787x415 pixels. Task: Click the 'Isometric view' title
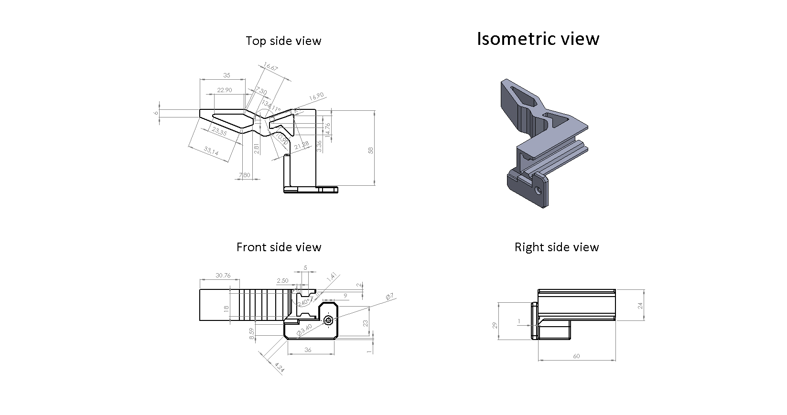point(538,39)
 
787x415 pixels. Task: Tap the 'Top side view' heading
point(283,41)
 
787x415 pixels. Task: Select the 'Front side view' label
point(279,247)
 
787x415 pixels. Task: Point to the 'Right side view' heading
point(556,247)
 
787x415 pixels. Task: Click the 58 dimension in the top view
point(370,150)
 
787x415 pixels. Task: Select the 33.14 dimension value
point(211,151)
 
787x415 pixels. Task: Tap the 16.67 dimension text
point(270,68)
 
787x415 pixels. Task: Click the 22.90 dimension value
point(224,90)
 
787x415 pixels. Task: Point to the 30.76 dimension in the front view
point(223,276)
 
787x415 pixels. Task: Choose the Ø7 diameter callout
point(389,297)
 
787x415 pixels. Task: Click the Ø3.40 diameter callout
point(304,330)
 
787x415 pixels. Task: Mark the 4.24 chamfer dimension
point(280,368)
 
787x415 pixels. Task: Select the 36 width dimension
point(308,350)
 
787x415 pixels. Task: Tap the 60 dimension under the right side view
point(576,356)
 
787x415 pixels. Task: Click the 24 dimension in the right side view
point(640,305)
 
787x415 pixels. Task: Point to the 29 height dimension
point(496,325)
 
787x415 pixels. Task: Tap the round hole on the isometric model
point(539,191)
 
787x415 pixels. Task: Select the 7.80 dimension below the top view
point(244,175)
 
